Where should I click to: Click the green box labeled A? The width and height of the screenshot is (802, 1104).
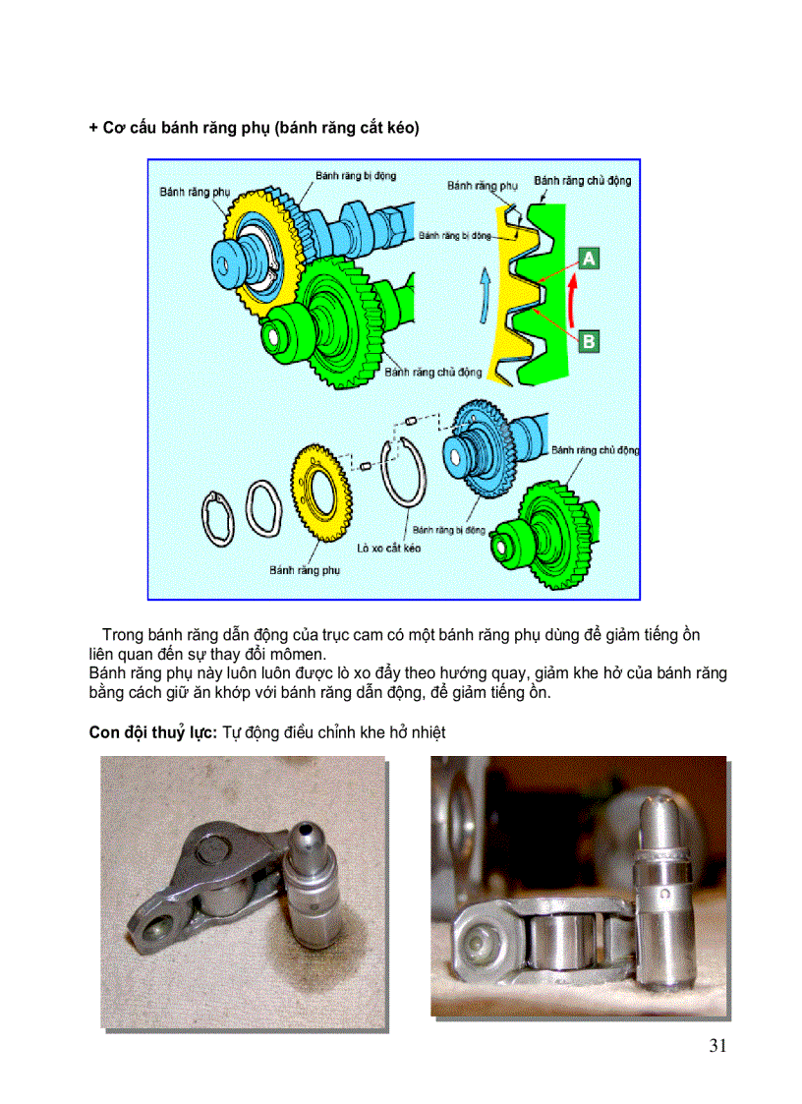pos(589,259)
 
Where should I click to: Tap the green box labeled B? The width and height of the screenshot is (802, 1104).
pos(589,341)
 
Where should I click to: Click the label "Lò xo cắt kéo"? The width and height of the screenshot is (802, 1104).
pos(389,548)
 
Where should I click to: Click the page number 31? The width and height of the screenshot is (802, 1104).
pos(717,1045)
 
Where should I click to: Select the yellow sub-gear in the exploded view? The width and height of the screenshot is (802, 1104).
pos(320,491)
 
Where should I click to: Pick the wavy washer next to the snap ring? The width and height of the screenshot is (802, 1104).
pos(264,508)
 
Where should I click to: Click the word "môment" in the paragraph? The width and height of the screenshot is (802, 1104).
pos(294,655)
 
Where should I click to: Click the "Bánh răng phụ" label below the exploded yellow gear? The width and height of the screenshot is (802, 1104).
pos(304,569)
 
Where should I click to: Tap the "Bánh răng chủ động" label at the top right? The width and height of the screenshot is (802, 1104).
pos(582,181)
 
